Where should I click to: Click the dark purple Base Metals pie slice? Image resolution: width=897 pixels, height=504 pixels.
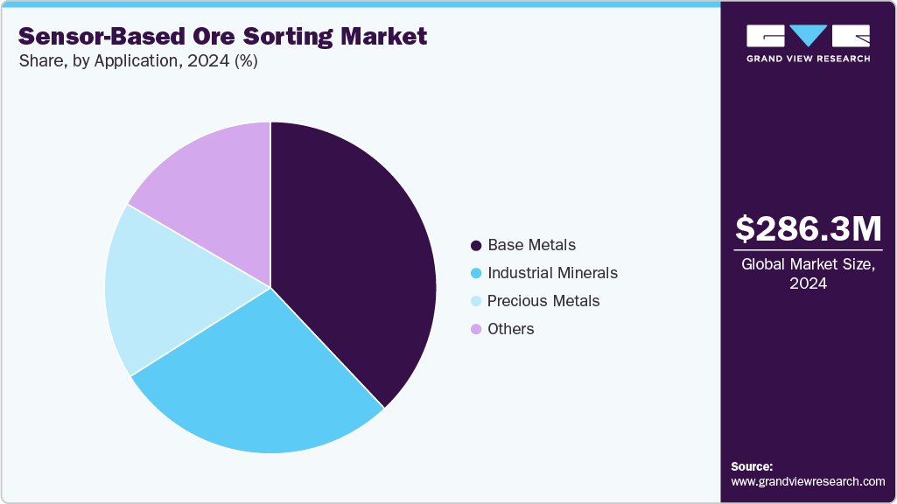(x=359, y=262)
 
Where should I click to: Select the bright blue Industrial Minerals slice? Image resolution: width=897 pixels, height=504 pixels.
(x=263, y=385)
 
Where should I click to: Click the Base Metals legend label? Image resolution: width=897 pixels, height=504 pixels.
(x=531, y=245)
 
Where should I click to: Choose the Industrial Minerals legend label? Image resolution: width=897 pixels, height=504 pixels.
(x=552, y=273)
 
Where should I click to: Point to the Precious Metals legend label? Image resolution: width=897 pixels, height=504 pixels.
(x=543, y=301)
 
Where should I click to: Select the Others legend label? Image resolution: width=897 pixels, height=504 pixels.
(x=511, y=329)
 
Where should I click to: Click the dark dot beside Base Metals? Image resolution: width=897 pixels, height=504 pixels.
(x=476, y=245)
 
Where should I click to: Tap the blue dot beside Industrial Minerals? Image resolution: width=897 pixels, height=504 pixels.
(x=476, y=273)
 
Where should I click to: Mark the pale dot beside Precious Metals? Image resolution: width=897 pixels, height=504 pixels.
(x=476, y=301)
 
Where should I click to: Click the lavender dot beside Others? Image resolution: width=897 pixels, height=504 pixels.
(x=476, y=329)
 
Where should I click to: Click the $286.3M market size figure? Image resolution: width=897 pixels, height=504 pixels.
(x=808, y=229)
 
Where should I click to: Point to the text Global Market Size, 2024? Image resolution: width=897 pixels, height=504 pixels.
(x=808, y=274)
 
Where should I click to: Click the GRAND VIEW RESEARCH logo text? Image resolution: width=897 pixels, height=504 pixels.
(x=808, y=59)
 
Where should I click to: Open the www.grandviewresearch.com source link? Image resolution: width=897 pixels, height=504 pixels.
(x=808, y=481)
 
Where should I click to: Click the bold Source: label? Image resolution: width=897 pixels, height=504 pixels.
(x=752, y=466)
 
